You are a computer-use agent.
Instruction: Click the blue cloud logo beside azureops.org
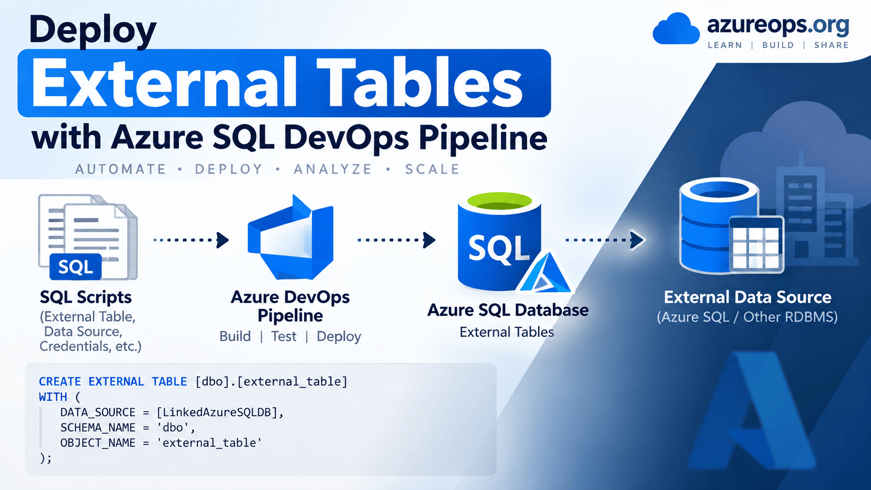point(676,29)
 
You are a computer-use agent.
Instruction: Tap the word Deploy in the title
point(93,31)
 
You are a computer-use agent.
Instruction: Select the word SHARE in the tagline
point(832,45)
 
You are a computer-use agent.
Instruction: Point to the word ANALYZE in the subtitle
point(333,169)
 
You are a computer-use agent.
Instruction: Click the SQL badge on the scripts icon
point(76,267)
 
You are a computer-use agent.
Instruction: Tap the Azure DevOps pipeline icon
point(291,237)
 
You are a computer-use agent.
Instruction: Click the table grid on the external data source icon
point(756,245)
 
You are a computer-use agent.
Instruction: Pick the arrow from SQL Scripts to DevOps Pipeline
point(191,240)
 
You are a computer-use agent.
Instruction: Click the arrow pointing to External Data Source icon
point(605,240)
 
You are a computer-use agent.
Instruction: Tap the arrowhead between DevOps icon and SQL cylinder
point(429,240)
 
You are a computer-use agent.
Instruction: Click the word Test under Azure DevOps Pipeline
point(284,336)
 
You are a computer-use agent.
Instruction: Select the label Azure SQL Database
point(508,310)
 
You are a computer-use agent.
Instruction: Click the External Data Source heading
point(748,297)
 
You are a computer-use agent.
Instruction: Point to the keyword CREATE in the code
point(60,382)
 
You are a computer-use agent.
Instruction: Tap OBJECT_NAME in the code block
point(97,443)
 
